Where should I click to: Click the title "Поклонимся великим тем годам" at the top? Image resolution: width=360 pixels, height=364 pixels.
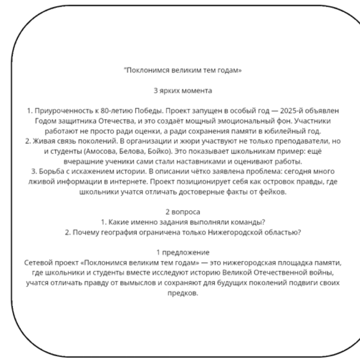[x=183, y=71]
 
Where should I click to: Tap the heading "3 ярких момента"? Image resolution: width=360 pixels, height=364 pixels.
[x=183, y=91]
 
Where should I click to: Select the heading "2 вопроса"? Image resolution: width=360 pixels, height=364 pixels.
[x=183, y=212]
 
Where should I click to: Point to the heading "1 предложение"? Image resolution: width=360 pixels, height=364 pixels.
[x=183, y=252]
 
